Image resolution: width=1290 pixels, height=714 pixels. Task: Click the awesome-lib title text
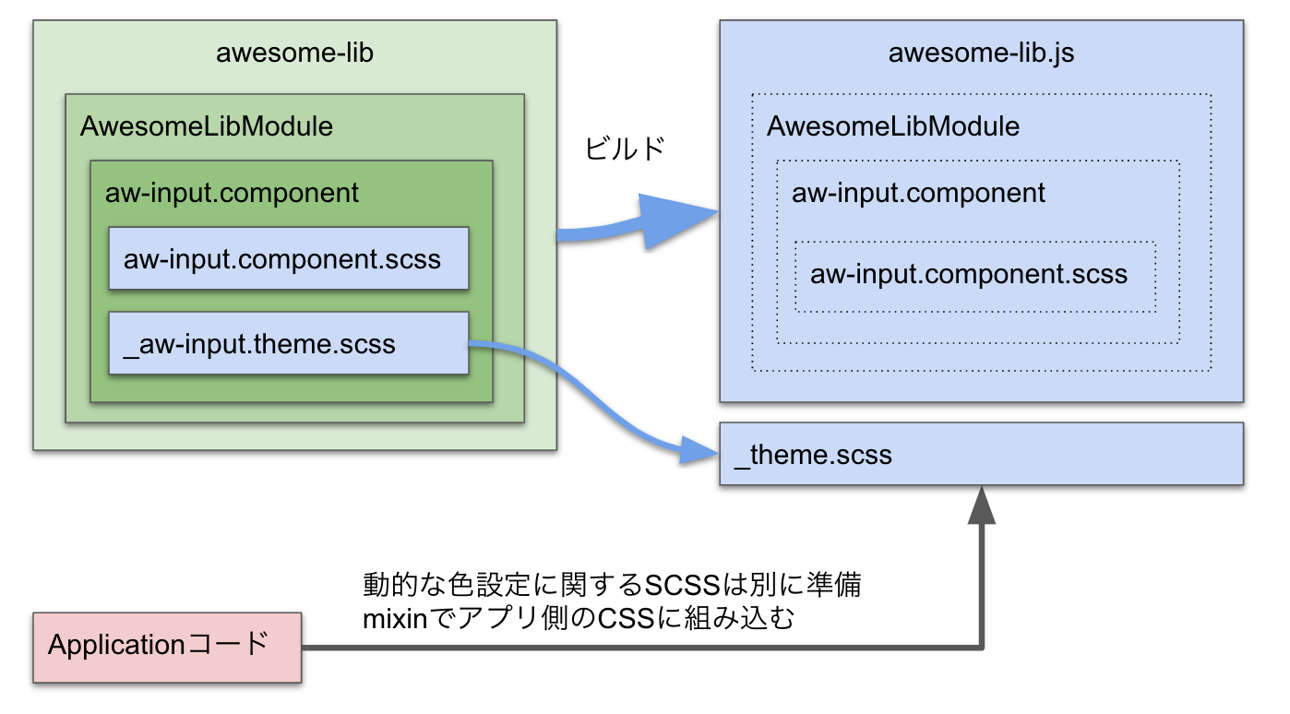[294, 53]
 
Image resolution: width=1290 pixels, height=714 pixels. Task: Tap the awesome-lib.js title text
[981, 53]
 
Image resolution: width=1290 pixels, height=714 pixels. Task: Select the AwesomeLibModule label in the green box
[206, 126]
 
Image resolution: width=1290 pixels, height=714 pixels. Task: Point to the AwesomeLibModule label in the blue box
[892, 126]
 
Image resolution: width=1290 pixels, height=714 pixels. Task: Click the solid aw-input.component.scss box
[289, 258]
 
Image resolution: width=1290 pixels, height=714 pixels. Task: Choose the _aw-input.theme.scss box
[289, 343]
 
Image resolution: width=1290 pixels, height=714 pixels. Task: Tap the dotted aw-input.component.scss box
[975, 277]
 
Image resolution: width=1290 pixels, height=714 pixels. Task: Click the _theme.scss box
[981, 454]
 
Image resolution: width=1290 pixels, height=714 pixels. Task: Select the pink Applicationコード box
[167, 648]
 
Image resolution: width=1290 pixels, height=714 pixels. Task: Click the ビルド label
[625, 149]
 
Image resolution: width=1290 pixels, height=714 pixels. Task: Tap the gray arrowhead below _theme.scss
[981, 506]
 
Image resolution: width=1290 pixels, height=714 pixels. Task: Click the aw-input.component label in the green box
[232, 193]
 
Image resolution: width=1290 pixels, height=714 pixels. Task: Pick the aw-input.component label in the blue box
[918, 193]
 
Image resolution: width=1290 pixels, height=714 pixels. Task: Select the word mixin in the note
[395, 619]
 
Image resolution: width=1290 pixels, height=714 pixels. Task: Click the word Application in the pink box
[116, 645]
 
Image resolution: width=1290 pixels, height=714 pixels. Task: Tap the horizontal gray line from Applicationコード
[641, 648]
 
